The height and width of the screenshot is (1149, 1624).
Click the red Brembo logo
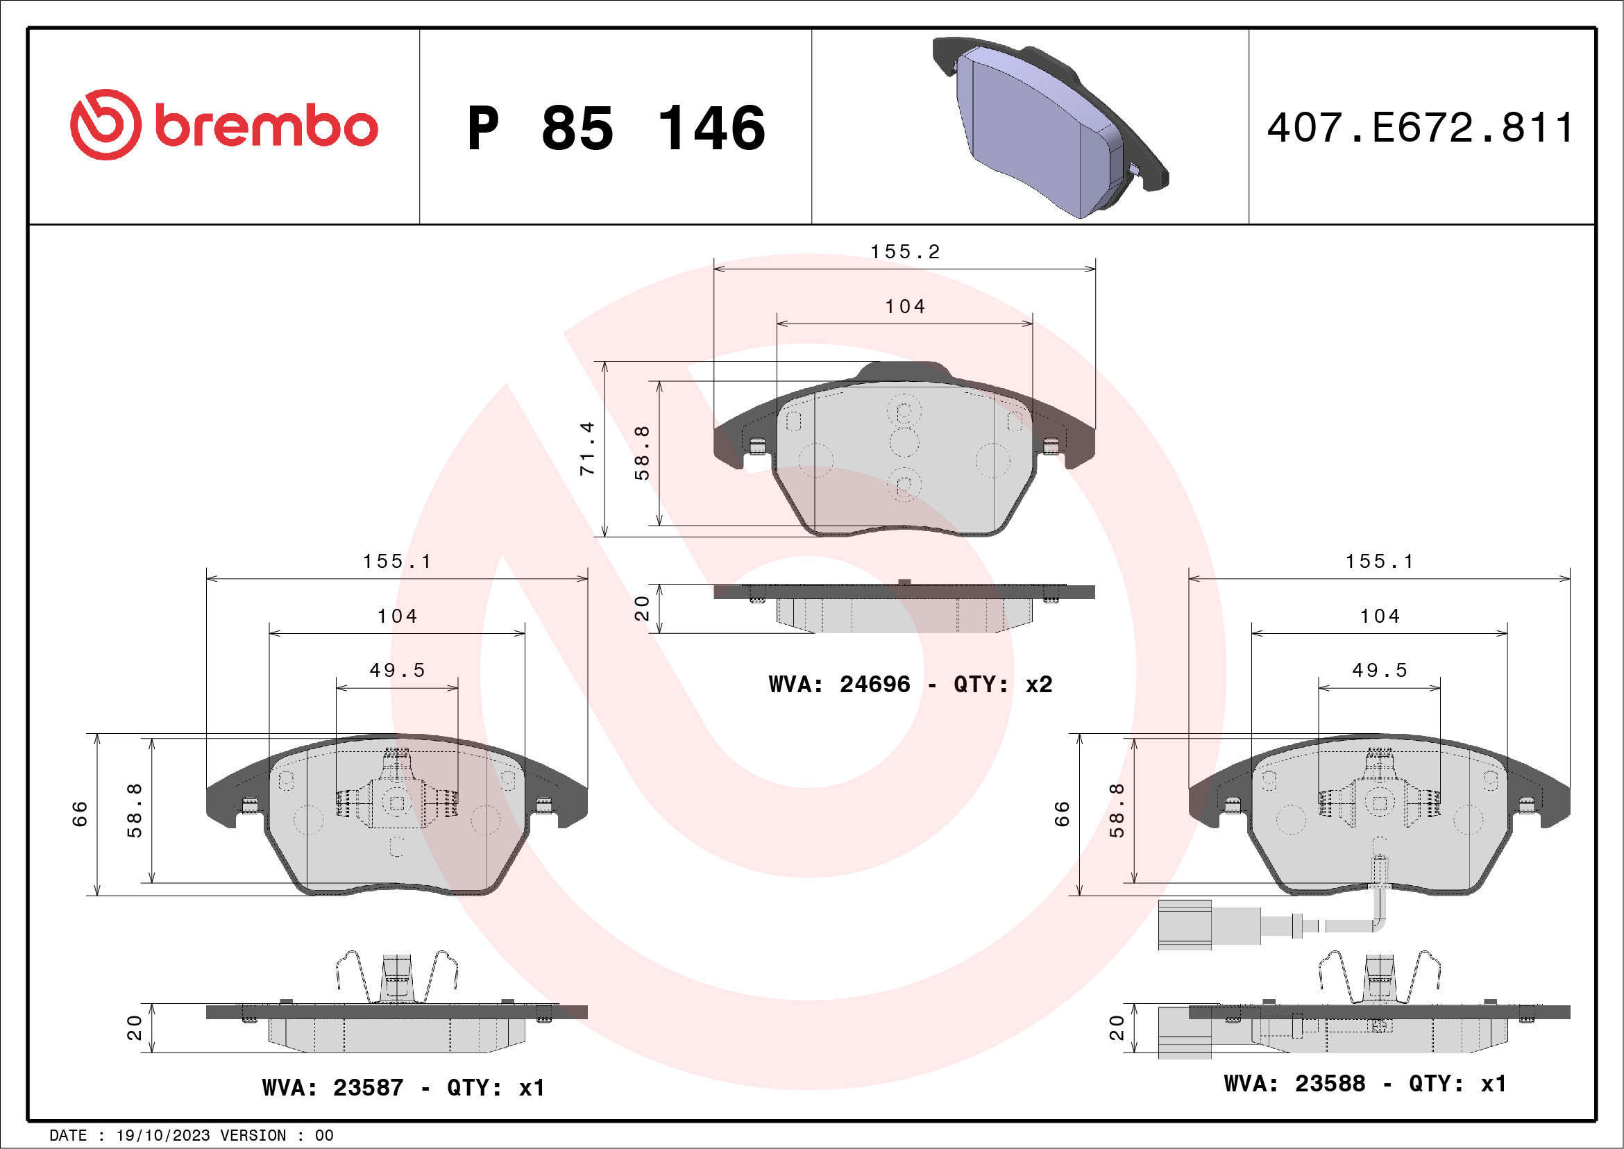coord(223,125)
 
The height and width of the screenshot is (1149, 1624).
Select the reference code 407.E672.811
coord(1420,128)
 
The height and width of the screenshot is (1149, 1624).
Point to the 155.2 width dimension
coord(905,253)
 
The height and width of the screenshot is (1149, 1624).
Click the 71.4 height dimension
coord(587,448)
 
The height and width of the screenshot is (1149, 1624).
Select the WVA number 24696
coord(874,684)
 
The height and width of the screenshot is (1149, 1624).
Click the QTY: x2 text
coord(1002,684)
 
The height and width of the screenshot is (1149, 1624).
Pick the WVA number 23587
coord(368,1087)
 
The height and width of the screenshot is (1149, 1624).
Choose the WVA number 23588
coord(1330,1084)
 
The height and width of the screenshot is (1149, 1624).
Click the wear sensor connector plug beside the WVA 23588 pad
coord(1185,924)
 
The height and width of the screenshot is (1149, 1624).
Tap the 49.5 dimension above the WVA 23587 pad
coord(397,670)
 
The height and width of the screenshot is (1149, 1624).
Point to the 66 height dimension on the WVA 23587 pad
coord(79,814)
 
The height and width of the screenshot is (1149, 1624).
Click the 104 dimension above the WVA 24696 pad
coord(905,307)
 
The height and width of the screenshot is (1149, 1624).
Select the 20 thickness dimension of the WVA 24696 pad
coord(641,608)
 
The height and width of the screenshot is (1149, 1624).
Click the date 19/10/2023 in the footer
coord(162,1136)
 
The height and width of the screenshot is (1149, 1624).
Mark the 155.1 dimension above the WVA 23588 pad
coord(1379,562)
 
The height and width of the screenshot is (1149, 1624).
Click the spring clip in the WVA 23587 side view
coord(397,977)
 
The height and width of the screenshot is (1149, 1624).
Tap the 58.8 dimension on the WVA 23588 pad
coord(1116,811)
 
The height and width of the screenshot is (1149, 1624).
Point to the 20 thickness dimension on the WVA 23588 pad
coord(1116,1028)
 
